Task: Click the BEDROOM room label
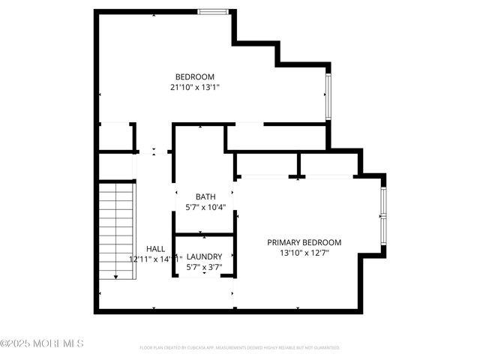195,76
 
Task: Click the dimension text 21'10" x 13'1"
195,87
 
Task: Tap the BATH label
205,196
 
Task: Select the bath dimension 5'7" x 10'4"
205,207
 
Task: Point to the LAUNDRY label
204,256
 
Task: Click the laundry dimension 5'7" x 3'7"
204,267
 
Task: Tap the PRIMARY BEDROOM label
304,242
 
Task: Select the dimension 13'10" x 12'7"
304,253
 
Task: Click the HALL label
156,249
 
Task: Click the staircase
116,229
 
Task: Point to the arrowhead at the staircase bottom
116,277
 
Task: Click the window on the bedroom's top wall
213,11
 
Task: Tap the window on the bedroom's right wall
328,96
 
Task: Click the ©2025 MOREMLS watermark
42,343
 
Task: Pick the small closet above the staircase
116,137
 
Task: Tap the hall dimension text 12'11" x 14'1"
156,259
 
